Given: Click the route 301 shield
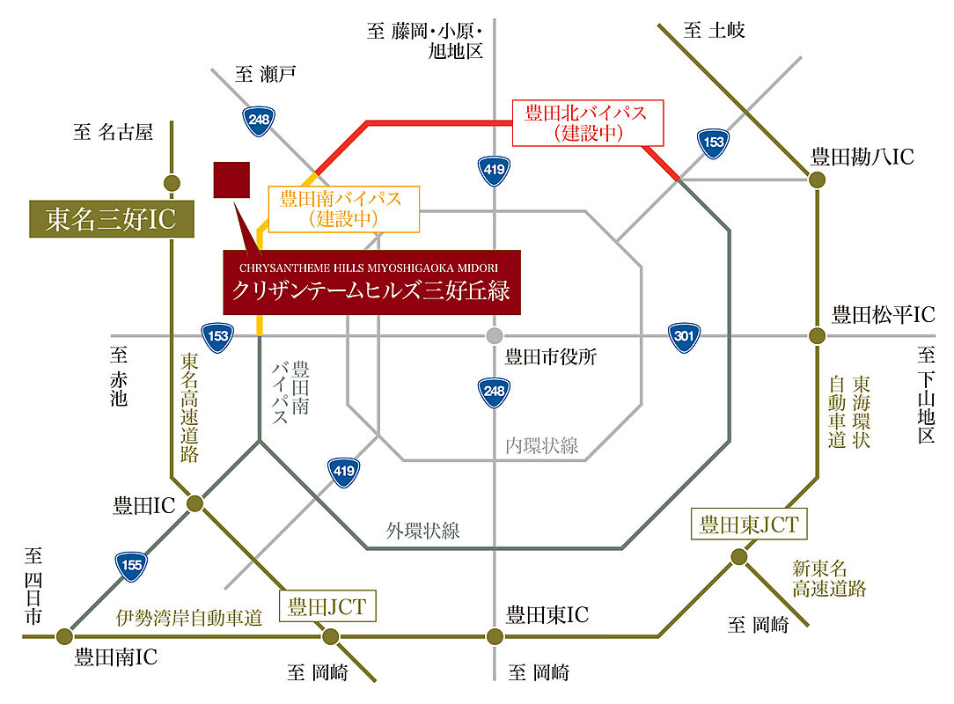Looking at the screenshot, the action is click(x=684, y=337).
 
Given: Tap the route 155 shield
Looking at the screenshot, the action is click(x=131, y=566).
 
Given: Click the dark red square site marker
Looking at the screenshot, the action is click(x=231, y=180).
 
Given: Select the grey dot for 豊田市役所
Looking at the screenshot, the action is click(x=495, y=335).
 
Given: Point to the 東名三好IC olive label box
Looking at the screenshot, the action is click(x=112, y=219).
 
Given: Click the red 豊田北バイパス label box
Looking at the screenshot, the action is click(x=588, y=123).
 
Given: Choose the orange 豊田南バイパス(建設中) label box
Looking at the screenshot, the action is click(x=344, y=209).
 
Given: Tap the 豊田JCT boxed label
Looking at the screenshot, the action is click(x=327, y=606).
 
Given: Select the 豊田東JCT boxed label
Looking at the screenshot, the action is click(x=749, y=524).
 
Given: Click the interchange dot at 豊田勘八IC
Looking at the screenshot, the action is click(x=817, y=180).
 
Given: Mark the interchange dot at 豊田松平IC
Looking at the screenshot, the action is click(x=817, y=335).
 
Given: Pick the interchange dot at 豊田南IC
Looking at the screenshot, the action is click(x=64, y=636).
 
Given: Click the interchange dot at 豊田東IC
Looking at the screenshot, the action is click(x=495, y=636).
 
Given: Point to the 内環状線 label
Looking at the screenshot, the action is click(x=541, y=446).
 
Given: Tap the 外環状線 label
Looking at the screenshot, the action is click(x=422, y=531).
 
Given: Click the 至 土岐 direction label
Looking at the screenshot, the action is click(x=715, y=31).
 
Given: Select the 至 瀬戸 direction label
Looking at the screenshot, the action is click(x=266, y=74).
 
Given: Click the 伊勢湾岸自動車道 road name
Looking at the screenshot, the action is click(x=189, y=618).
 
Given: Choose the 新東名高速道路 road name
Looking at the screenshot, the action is click(x=829, y=579).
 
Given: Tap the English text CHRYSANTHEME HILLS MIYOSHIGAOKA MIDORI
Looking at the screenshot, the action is click(x=369, y=268).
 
